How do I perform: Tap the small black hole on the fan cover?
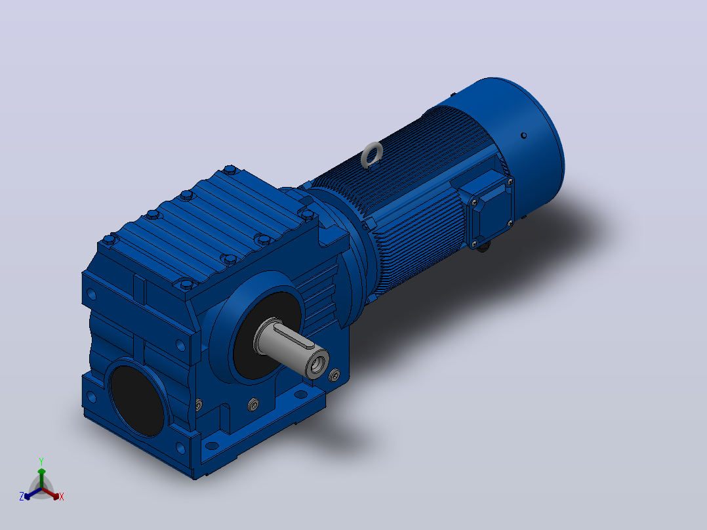[523, 135]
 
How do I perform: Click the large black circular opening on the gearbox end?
[137, 401]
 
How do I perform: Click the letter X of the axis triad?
[62, 497]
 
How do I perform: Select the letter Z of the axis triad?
[21, 497]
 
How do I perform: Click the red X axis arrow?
[50, 493]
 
